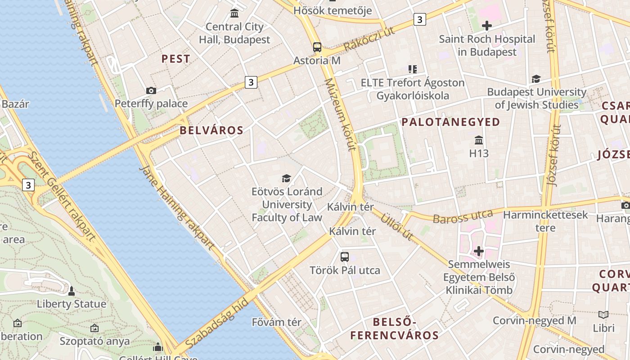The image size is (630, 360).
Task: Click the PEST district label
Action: click(x=175, y=58)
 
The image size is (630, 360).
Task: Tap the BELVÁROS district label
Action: click(x=211, y=130)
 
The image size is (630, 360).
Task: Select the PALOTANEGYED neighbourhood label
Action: click(x=450, y=122)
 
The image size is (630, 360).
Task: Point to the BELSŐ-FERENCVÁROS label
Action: click(x=394, y=328)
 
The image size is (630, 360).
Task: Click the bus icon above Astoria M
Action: click(x=317, y=47)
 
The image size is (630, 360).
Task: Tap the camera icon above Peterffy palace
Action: click(x=151, y=90)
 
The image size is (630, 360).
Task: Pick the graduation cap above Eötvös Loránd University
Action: click(x=287, y=179)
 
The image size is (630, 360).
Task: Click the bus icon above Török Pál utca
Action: click(x=345, y=257)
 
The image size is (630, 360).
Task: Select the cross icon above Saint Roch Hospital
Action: click(x=487, y=26)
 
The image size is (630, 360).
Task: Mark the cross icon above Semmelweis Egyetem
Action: click(x=478, y=251)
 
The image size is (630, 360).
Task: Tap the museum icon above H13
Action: click(x=479, y=140)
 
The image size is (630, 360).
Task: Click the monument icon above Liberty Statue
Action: click(x=71, y=291)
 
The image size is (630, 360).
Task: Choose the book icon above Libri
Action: click(x=603, y=315)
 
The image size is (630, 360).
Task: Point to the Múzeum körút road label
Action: click(x=340, y=115)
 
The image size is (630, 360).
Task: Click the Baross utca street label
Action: click(x=463, y=216)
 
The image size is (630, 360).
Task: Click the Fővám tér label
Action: click(x=283, y=322)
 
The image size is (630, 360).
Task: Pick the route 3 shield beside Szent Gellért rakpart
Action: click(x=28, y=185)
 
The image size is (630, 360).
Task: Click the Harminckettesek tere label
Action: click(x=545, y=221)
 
